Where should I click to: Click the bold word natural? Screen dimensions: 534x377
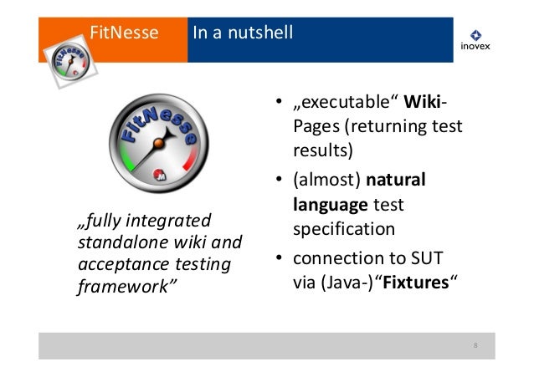[395, 181]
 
